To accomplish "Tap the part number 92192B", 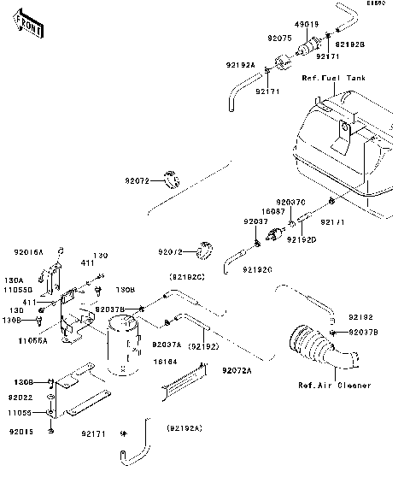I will [350, 44].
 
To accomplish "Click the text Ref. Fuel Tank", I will [334, 78].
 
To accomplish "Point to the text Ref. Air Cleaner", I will [334, 386].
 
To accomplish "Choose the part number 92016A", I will [28, 252].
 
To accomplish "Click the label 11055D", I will [20, 291].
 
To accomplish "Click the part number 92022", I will [21, 398].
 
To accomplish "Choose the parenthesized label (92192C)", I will [187, 277].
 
